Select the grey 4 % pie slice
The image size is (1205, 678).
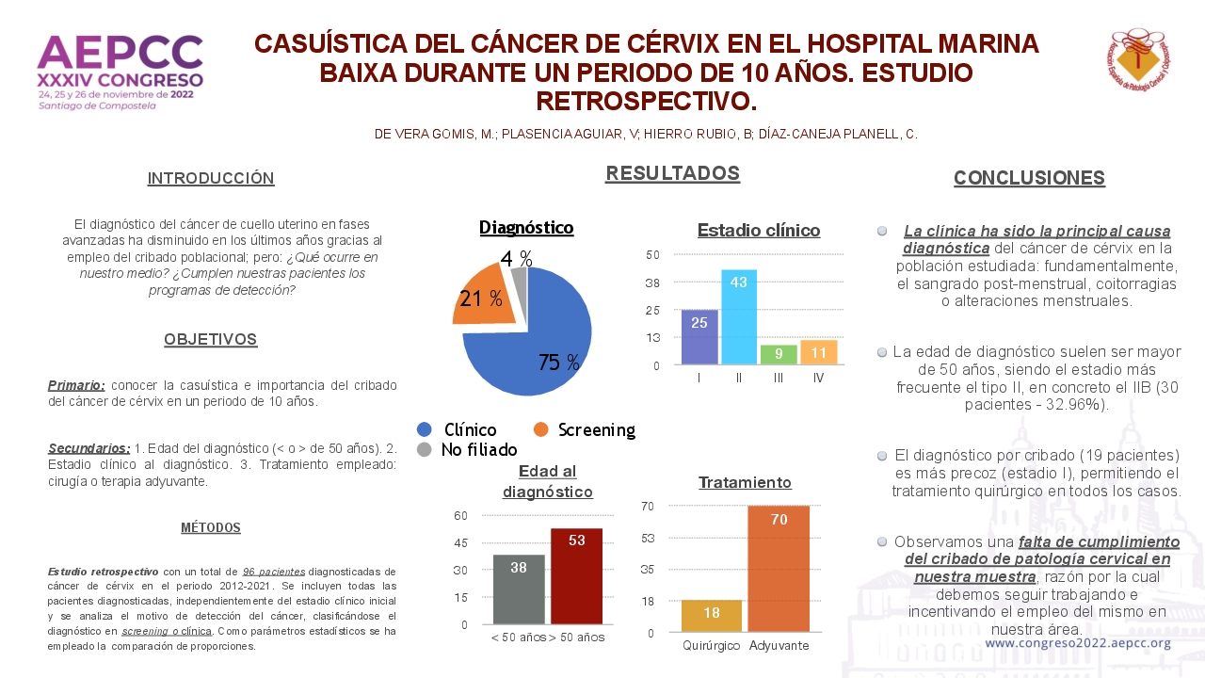tap(520, 285)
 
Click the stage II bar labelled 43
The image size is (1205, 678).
tap(739, 317)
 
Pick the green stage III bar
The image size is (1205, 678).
tap(779, 355)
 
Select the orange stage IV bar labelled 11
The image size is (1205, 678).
tap(818, 352)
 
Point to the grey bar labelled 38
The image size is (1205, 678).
tap(519, 589)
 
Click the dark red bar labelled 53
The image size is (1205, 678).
tap(576, 576)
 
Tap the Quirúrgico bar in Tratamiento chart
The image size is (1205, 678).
tap(711, 616)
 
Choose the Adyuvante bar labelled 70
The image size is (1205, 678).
tap(779, 569)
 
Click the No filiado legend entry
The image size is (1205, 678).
tap(467, 449)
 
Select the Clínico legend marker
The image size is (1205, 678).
tap(425, 429)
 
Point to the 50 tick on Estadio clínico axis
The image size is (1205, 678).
tap(652, 254)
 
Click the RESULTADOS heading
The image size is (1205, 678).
tap(672, 173)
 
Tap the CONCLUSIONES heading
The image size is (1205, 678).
tap(1029, 178)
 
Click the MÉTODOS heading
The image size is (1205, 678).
tap(210, 527)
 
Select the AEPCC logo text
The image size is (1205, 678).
tap(120, 53)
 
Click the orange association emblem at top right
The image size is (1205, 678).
tap(1137, 59)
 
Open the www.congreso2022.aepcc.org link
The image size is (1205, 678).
tap(1078, 643)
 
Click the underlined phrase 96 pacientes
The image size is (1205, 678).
tap(273, 572)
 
